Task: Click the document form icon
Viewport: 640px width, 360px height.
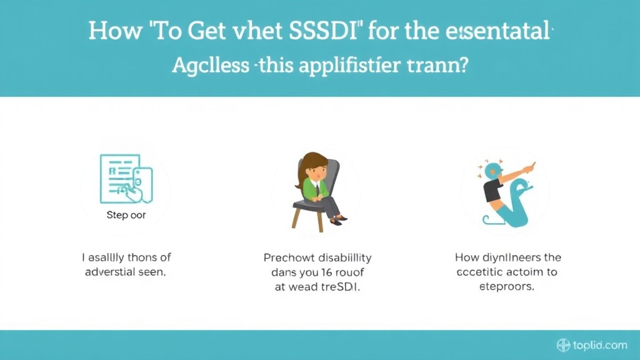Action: coord(126,179)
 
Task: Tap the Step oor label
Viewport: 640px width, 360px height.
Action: coord(126,215)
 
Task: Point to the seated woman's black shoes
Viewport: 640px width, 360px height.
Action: coord(339,220)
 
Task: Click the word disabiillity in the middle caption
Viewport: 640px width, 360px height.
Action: coord(341,257)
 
